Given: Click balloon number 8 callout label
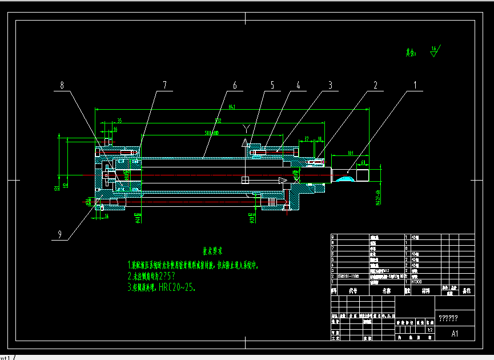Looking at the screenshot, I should point(62,85).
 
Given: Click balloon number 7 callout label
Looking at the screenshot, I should point(164,85).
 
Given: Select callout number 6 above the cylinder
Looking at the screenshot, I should point(234,85).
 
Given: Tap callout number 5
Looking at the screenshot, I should point(272,85).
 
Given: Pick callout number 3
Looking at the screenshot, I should point(330,85).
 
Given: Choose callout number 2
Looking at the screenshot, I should point(375,85).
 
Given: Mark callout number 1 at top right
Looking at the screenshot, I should point(416,85).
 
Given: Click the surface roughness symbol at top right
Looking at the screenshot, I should point(435,50).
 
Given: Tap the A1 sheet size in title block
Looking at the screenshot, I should point(455,333).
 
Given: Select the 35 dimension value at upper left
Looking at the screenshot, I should point(119,121).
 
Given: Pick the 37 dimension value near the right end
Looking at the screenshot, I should point(307,138).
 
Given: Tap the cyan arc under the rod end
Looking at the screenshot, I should point(344,179).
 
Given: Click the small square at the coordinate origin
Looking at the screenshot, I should point(245,180).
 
